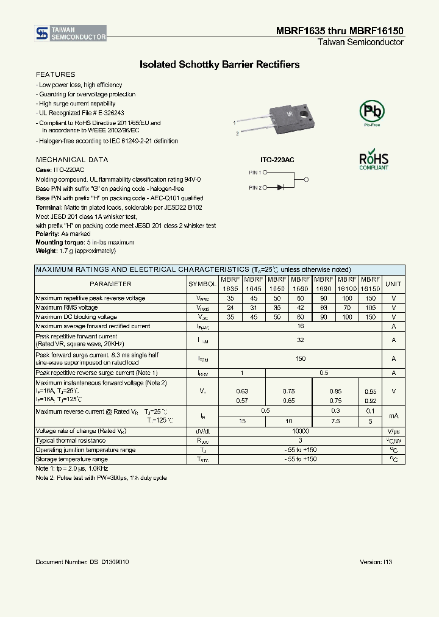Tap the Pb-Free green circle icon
point(371,112)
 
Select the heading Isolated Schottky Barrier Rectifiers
point(220,64)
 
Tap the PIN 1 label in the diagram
point(255,173)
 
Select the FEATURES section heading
point(55,74)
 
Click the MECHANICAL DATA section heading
point(72,160)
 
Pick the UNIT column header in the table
point(394,284)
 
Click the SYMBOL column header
point(202,284)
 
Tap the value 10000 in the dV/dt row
point(300,430)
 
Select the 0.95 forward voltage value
point(370,391)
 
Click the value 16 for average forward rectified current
point(300,326)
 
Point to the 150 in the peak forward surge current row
point(300,359)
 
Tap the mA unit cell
point(394,416)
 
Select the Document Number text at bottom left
point(82,562)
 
